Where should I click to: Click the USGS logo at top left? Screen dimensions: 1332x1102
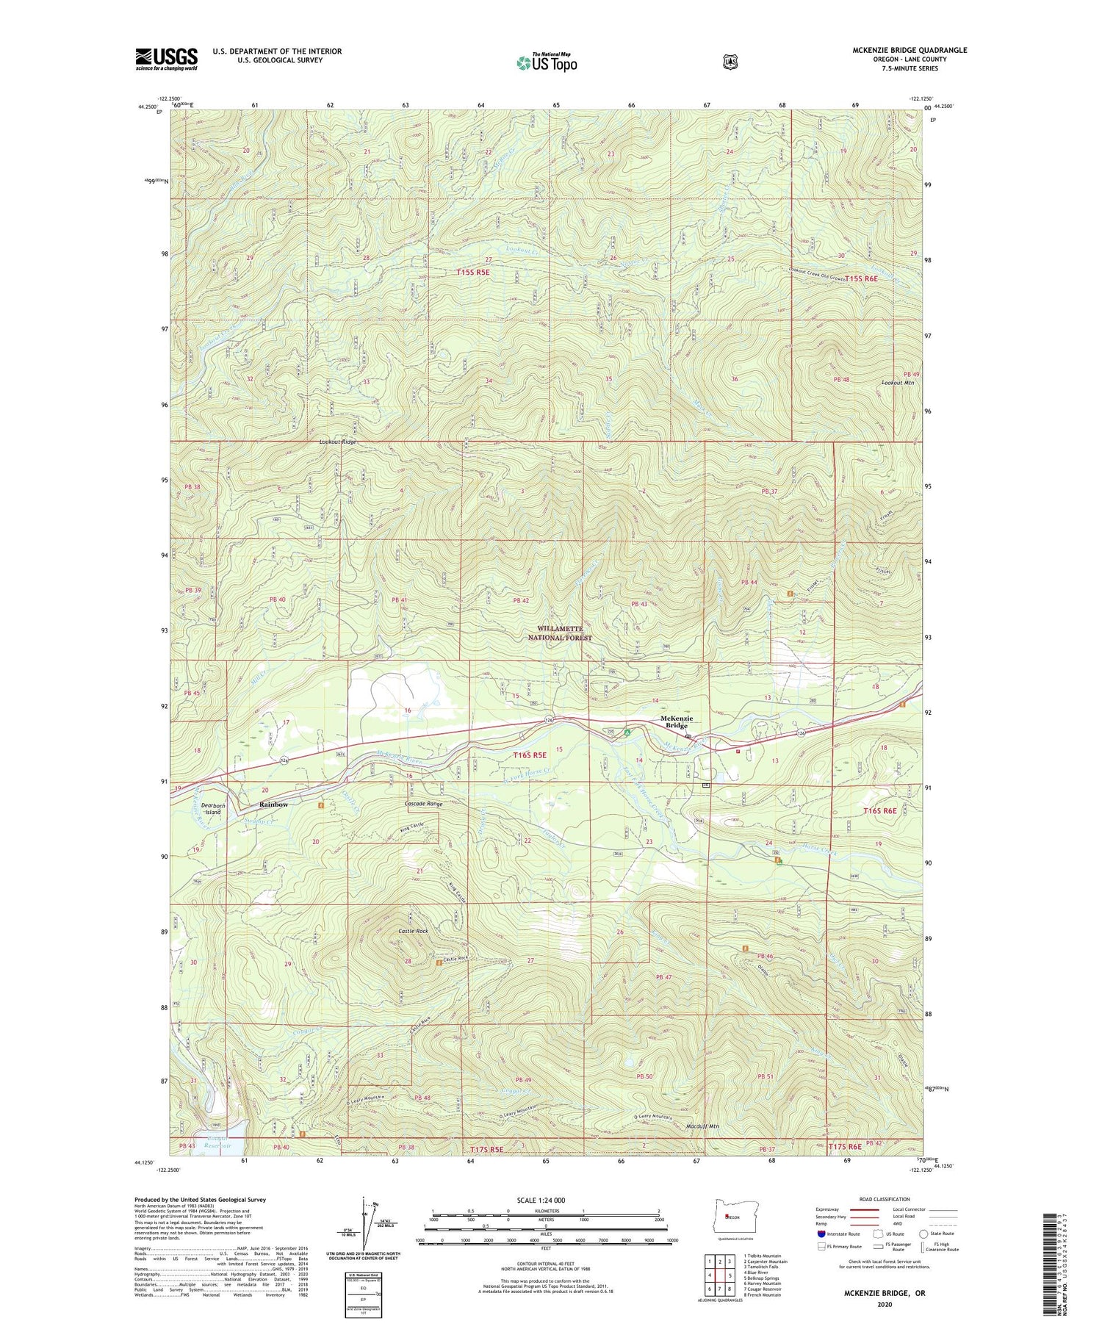coord(166,59)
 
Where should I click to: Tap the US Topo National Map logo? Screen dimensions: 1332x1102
coord(547,62)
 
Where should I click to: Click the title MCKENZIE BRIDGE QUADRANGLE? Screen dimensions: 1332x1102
coord(910,50)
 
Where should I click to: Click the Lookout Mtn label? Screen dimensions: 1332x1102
coord(898,383)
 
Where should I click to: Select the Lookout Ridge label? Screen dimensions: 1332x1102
coord(337,442)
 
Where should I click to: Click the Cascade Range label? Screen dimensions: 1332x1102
coord(424,804)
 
